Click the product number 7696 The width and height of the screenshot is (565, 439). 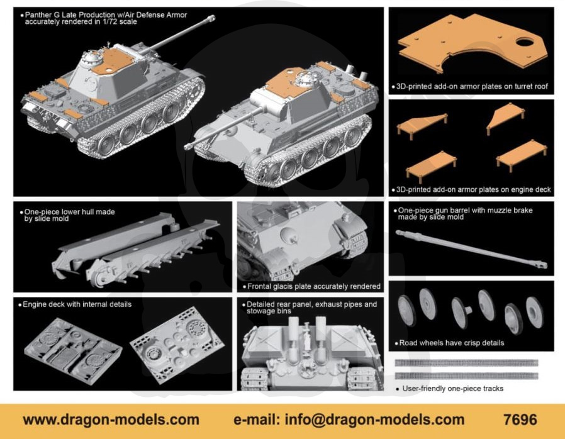tap(520, 420)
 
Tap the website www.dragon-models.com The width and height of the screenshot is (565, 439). tap(111, 420)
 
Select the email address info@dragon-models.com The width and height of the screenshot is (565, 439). tap(375, 420)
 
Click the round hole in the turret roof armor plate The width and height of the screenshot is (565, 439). tap(525, 42)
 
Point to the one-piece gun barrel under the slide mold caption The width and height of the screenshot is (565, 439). tap(471, 249)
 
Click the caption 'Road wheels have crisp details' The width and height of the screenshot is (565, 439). tap(452, 343)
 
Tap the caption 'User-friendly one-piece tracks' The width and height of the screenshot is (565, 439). tap(452, 389)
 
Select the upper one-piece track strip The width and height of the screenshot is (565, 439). tap(466, 363)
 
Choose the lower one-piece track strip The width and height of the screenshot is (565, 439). tap(466, 376)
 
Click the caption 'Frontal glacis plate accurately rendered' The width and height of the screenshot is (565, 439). tap(314, 286)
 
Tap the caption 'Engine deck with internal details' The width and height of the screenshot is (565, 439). tap(77, 304)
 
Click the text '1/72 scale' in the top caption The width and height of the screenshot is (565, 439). tap(119, 21)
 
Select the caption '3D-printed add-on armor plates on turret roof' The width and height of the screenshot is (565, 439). tap(472, 86)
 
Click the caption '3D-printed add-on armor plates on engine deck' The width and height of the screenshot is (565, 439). tap(474, 189)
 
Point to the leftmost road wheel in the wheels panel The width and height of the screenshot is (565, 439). tap(406, 311)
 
